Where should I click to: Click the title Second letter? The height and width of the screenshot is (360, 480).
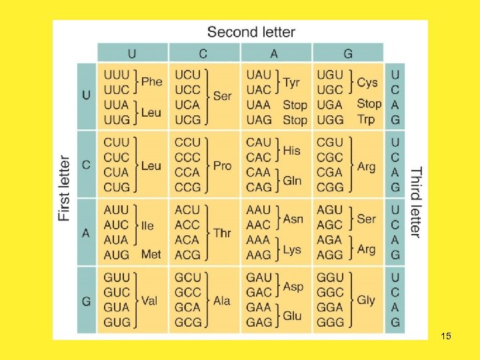point(251,31)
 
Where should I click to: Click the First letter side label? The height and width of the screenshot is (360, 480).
point(65,189)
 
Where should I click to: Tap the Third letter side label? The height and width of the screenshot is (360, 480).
point(415,202)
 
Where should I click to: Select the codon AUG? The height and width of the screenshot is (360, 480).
point(117,255)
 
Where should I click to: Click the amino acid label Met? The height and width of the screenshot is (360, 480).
point(151,254)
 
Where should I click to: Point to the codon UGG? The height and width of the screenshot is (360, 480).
point(330,120)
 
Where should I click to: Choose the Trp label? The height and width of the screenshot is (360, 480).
point(366,119)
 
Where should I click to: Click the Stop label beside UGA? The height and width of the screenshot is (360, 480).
point(369,103)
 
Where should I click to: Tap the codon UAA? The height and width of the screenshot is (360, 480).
point(259,105)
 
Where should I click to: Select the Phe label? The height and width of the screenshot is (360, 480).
point(152,81)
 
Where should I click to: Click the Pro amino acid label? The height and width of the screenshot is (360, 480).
point(222,165)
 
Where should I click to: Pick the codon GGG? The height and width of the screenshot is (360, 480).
point(330,322)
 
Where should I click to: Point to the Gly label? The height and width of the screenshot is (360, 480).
point(366,300)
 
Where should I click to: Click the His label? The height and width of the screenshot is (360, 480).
point(291,150)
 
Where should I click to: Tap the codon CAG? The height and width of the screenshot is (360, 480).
point(259,187)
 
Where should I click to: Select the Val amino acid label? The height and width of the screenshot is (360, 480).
point(149,300)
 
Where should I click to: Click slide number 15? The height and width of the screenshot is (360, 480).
point(446,336)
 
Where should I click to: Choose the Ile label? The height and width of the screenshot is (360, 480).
point(147,225)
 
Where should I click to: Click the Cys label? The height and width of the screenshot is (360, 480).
point(367,82)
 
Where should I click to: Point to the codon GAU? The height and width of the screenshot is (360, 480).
point(259,277)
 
